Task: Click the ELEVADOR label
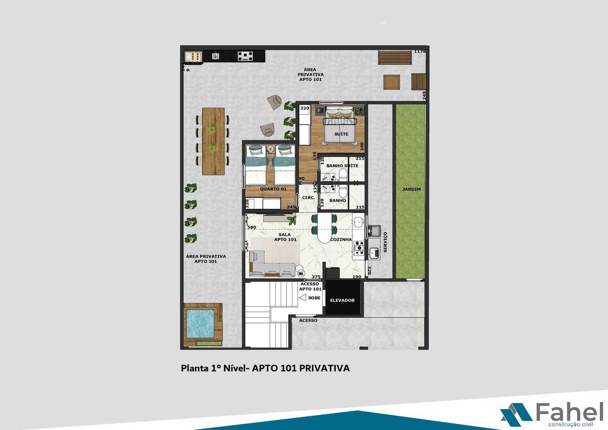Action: pos(343,300)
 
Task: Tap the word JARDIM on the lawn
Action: pos(411,189)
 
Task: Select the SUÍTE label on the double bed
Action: pos(341,134)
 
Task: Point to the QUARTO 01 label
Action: pos(273,189)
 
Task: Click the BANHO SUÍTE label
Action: pos(342,166)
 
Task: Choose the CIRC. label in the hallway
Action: pos(308,198)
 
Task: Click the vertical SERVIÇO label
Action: pos(385,242)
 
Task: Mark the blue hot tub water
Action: pos(202,324)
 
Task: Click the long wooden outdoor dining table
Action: pos(213,140)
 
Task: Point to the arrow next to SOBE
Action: pos(302,298)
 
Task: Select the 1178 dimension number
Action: pos(420,51)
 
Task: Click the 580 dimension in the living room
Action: pos(251,227)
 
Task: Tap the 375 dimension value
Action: pos(316,277)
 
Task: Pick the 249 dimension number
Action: pos(425,95)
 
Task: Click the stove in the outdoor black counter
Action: pos(246,56)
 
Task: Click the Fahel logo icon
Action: pos(516,413)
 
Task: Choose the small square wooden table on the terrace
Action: pos(391,82)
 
